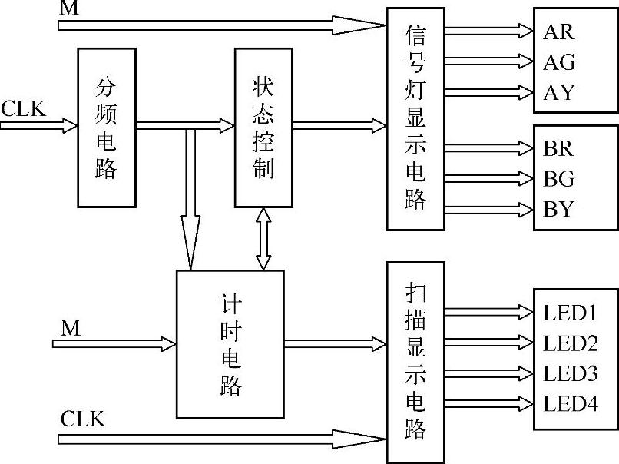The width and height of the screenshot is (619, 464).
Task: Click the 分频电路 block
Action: click(107, 127)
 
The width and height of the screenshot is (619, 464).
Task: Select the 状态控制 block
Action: click(263, 127)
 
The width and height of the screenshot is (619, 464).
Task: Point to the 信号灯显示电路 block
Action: click(415, 119)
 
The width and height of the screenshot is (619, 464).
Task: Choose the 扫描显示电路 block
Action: click(415, 361)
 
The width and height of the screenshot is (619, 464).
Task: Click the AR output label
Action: click(558, 31)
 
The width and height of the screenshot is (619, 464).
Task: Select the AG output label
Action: click(558, 61)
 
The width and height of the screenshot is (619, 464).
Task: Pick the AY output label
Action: click(558, 92)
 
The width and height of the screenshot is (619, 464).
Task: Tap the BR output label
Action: click(558, 148)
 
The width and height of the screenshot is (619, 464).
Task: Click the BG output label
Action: click(558, 179)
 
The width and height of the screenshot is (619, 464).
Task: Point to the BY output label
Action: click(558, 209)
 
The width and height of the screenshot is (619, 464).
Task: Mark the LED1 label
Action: click(570, 313)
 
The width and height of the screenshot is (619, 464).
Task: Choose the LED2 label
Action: click(570, 343)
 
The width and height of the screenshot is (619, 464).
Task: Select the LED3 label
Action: click(570, 373)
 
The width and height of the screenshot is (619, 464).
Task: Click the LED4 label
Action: click(570, 403)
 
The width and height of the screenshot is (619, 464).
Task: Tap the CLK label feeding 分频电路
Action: click(23, 108)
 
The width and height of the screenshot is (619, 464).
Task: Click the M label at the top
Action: click(69, 8)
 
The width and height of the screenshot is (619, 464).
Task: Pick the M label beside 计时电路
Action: click(71, 329)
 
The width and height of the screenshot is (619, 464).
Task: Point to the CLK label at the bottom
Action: click(82, 420)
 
